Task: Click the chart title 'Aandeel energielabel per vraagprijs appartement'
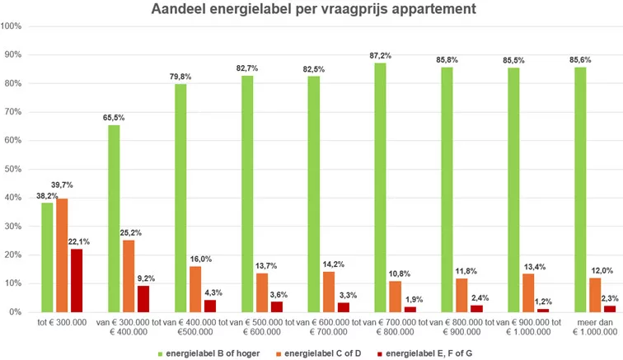(x=311, y=10)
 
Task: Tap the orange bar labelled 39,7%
(x=63, y=255)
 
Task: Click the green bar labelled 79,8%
(x=180, y=198)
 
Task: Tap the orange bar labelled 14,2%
(x=328, y=292)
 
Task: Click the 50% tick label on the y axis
(x=11, y=170)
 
